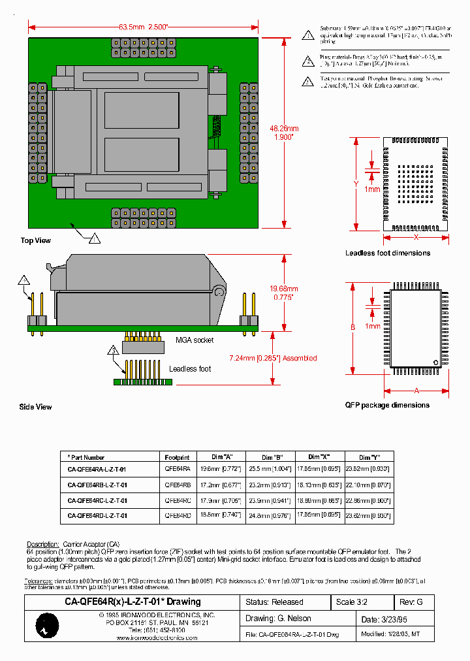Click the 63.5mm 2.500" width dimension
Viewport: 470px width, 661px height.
point(144,27)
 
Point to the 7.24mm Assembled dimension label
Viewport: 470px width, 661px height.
point(273,358)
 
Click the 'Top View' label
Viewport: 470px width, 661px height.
point(35,240)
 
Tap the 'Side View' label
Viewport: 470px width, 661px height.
point(35,407)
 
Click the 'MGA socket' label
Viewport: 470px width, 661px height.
point(194,340)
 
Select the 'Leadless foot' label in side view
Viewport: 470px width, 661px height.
point(190,369)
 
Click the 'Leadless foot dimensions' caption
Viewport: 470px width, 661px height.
point(388,253)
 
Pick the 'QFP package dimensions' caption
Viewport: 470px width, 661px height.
point(387,405)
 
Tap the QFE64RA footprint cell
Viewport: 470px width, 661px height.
point(178,469)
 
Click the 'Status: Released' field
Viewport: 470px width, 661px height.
point(275,602)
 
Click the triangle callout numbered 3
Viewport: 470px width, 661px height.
point(112,351)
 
